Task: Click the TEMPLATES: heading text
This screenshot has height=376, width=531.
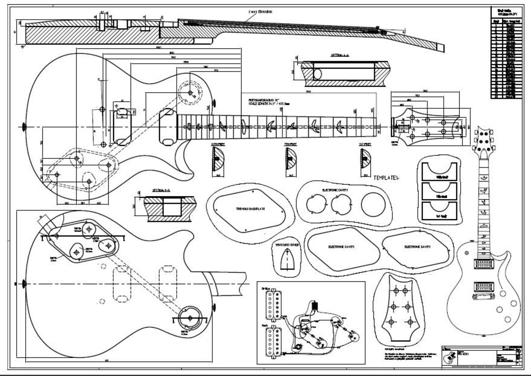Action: [x=386, y=177]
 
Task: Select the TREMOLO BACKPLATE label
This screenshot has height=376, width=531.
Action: [x=251, y=209]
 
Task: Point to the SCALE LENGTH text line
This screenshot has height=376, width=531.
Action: [x=272, y=104]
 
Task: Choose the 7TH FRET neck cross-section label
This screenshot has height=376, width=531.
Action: [x=291, y=145]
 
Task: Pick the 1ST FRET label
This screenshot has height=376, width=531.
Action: [x=364, y=145]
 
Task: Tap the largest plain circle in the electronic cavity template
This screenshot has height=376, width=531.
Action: [x=372, y=203]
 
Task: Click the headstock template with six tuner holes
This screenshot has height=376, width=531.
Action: [x=399, y=307]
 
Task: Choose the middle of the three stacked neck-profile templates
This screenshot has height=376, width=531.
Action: [x=439, y=191]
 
